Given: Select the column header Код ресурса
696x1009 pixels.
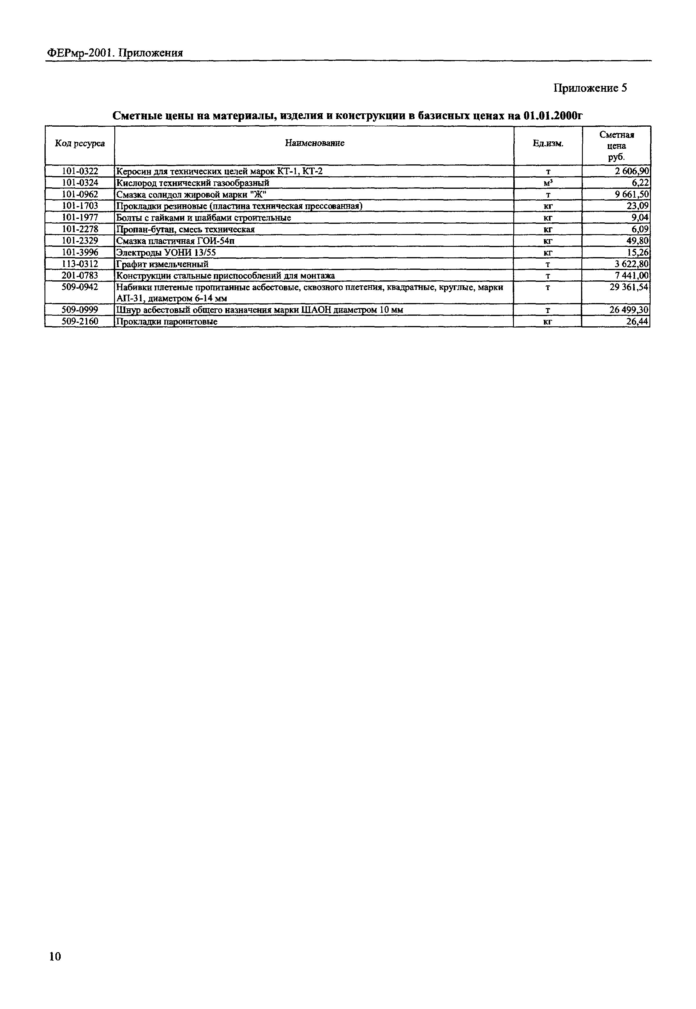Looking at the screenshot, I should (x=80, y=143).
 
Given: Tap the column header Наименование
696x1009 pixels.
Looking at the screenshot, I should (x=314, y=143).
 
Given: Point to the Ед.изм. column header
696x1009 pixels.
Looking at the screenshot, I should (x=548, y=143).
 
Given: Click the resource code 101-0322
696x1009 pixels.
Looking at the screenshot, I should (x=80, y=171).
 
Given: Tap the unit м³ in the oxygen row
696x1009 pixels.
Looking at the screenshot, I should (x=548, y=183).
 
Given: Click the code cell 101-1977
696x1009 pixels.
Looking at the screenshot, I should (x=80, y=217).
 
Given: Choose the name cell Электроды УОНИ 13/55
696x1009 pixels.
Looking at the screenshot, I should (x=166, y=253).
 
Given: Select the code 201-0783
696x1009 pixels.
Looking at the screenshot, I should (x=80, y=275).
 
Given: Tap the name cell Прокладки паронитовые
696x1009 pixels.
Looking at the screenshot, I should (x=166, y=322).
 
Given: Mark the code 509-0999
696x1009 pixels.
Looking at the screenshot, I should (x=80, y=310).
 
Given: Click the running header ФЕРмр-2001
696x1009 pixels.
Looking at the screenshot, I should (x=80, y=53).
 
